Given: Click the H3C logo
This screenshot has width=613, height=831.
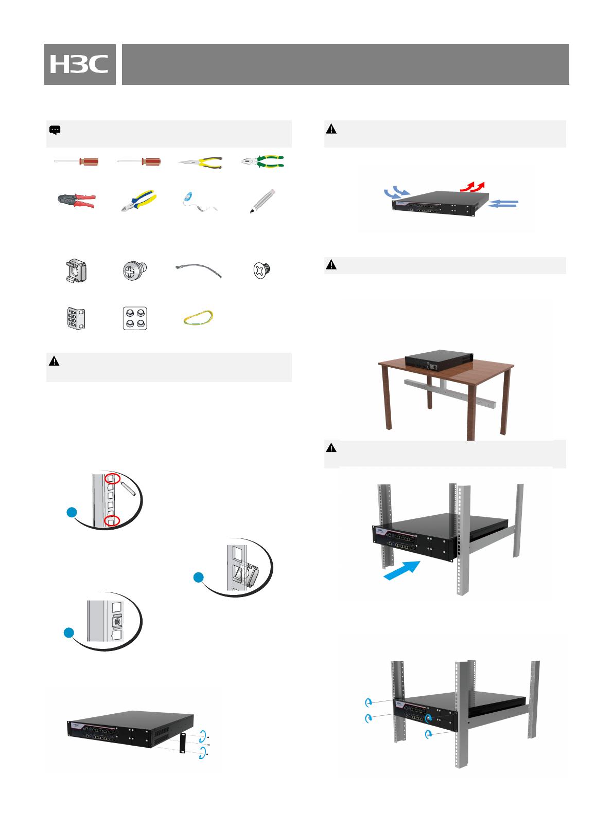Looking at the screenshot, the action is tap(79, 64).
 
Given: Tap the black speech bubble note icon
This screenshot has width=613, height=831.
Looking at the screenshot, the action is tap(55, 130).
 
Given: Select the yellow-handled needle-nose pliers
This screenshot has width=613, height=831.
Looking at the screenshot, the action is tap(201, 162).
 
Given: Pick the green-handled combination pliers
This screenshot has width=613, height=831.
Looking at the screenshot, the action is tap(262, 161).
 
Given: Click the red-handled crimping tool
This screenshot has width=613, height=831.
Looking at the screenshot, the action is tap(77, 201).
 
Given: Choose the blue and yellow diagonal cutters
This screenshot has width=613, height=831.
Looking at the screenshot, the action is tap(138, 201).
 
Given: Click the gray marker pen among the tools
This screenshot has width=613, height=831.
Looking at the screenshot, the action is tap(262, 201).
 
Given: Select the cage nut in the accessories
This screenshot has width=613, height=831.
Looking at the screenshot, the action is tap(76, 270).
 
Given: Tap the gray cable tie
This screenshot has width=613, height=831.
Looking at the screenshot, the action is tap(199, 269).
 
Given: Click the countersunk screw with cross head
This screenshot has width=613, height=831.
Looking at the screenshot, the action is tap(262, 269).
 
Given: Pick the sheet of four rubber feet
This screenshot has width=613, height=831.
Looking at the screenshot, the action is tap(135, 318).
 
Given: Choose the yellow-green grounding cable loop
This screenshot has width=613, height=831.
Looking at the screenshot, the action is tap(198, 318).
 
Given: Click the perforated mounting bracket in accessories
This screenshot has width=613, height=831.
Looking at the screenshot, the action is tap(76, 318).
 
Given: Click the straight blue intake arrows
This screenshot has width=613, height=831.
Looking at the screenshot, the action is tap(503, 203).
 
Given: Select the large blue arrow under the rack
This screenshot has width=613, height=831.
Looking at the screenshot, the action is tap(402, 570).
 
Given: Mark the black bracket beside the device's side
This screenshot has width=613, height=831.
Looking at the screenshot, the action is tap(182, 743).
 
